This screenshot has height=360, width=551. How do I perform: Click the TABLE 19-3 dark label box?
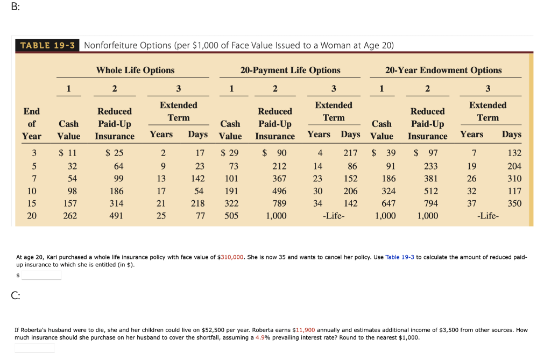47,45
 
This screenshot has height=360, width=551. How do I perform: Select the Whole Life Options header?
135,70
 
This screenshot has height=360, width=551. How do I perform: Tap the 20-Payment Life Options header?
290,70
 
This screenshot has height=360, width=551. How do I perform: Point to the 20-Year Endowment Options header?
443,70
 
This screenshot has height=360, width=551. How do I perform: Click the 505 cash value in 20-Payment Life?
231,216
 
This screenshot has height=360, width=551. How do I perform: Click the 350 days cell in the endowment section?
514,203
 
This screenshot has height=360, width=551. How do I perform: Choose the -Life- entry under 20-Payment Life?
333,216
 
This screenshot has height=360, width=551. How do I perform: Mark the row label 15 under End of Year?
32,203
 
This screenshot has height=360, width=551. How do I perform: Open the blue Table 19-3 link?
400,257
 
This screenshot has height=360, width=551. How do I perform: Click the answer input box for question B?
41,276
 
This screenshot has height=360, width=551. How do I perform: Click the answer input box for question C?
34,348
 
